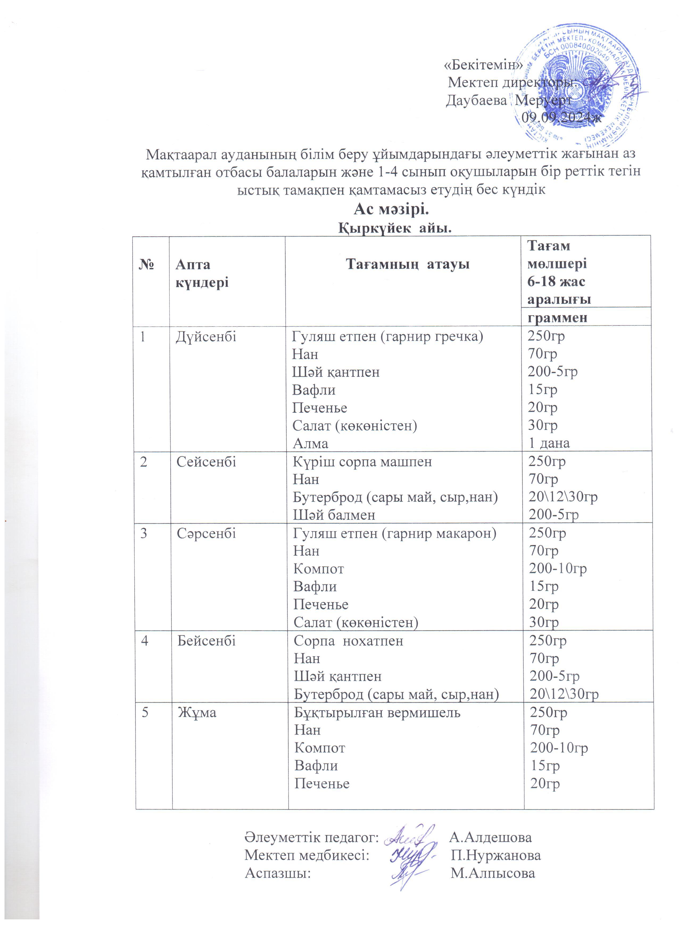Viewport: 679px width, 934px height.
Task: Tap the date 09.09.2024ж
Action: pos(561,118)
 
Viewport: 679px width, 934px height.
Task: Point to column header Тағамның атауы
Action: pos(407,264)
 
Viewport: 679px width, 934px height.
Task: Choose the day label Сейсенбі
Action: pos(206,462)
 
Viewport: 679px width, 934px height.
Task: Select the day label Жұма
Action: pos(197,712)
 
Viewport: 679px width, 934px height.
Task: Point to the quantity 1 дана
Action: pos(549,443)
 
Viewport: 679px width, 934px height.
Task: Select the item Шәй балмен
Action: pos(334,515)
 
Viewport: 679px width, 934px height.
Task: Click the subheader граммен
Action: pos(557,318)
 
